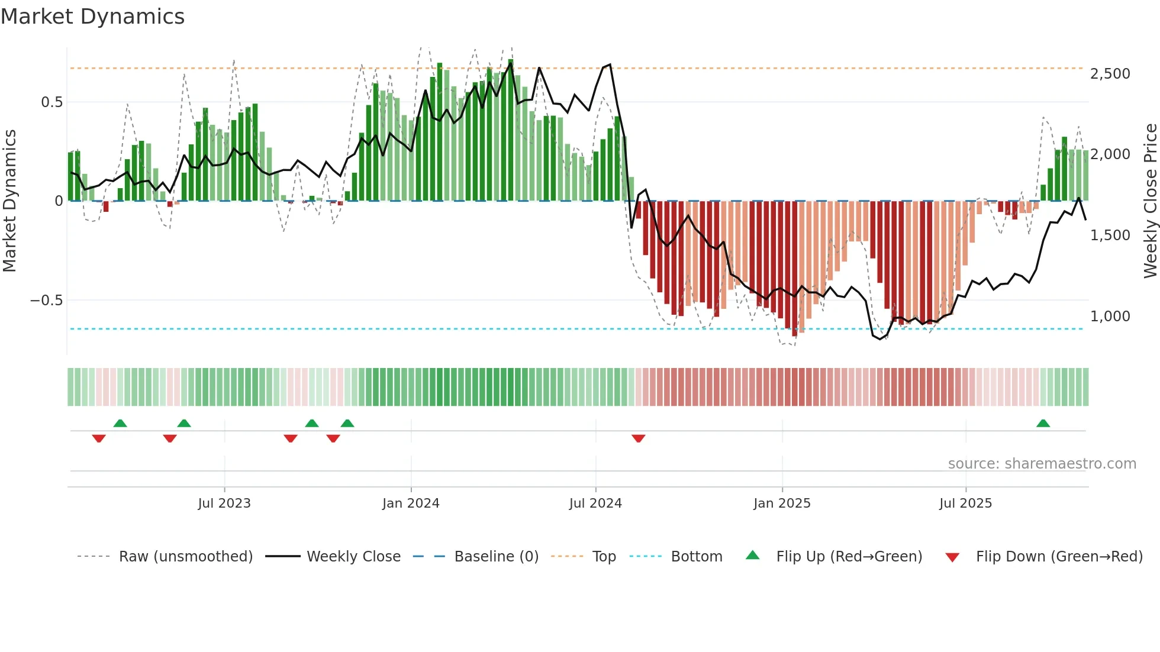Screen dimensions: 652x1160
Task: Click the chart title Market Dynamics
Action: point(92,17)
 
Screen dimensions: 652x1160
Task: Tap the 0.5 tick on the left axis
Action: point(51,102)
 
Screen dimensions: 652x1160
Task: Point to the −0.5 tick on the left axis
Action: point(47,301)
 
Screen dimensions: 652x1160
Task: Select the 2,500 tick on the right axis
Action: point(1110,74)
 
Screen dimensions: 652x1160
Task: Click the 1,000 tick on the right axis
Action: point(1110,317)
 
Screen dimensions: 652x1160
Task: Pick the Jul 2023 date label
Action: point(224,503)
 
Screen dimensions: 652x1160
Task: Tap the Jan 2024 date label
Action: point(411,503)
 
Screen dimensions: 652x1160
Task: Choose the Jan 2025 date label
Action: point(782,503)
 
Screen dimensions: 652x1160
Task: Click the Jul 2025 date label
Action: point(965,503)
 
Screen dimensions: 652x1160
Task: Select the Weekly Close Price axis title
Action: point(1150,201)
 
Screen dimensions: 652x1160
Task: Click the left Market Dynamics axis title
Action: point(9,201)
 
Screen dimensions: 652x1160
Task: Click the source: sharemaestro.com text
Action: point(1042,464)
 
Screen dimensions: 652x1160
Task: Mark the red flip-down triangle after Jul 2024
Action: point(638,438)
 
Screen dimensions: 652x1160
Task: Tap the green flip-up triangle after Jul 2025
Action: point(1043,424)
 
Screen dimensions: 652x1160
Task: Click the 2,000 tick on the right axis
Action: point(1110,154)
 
